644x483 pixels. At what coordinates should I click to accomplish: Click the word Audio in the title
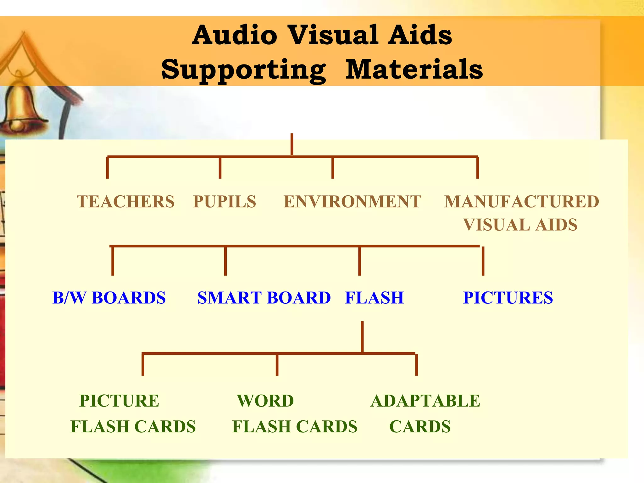(235, 35)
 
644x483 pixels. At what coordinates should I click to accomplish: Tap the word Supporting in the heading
(243, 70)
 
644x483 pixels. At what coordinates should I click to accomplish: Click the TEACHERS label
(125, 202)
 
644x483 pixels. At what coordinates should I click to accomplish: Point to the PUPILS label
(225, 202)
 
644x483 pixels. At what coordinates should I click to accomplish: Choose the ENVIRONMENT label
(352, 202)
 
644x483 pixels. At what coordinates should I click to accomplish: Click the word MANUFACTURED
(522, 202)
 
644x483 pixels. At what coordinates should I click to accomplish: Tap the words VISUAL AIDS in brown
(520, 225)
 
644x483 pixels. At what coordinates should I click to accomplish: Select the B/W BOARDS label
(109, 298)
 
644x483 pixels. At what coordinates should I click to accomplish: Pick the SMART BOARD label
(264, 298)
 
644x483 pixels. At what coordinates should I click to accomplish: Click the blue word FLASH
(374, 298)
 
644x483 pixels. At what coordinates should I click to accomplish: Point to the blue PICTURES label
(508, 298)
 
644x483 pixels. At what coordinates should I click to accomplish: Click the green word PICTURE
(119, 401)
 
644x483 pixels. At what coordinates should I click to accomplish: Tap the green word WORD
(265, 401)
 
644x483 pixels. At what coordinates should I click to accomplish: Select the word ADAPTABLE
(425, 401)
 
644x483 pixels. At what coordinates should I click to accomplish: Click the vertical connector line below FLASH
(362, 336)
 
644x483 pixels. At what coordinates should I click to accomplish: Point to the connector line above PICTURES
(483, 261)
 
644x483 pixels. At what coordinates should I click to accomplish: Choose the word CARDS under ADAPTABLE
(420, 427)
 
